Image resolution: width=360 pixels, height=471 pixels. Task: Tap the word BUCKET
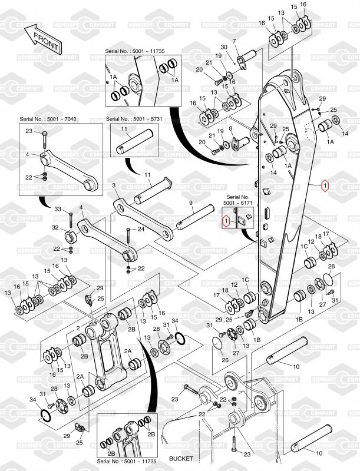(x=181, y=458)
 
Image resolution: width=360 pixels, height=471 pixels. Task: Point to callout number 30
(x=223, y=47)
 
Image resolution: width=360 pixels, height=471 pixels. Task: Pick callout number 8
(x=231, y=128)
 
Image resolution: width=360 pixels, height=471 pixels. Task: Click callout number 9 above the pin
(x=191, y=203)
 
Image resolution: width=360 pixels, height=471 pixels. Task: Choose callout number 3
(x=114, y=185)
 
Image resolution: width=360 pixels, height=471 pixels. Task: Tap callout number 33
(x=58, y=210)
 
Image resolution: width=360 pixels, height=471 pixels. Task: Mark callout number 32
(x=55, y=227)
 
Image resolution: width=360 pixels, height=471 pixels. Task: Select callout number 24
(x=140, y=228)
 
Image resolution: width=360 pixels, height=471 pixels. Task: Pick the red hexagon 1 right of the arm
(x=325, y=186)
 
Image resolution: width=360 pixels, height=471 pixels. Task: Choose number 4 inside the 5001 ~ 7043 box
(x=27, y=155)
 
